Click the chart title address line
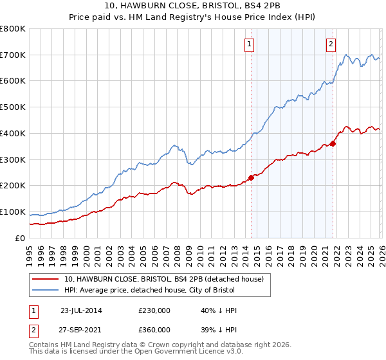pyautogui.click(x=193, y=6)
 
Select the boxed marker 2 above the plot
pyautogui.click(x=331, y=44)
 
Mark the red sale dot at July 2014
pyautogui.click(x=251, y=178)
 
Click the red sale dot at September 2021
pyautogui.click(x=333, y=143)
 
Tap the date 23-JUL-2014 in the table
pyautogui.click(x=81, y=310)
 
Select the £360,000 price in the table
pyautogui.click(x=154, y=330)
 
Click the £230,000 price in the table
pyautogui.click(x=154, y=310)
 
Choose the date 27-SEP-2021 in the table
pyautogui.click(x=81, y=330)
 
